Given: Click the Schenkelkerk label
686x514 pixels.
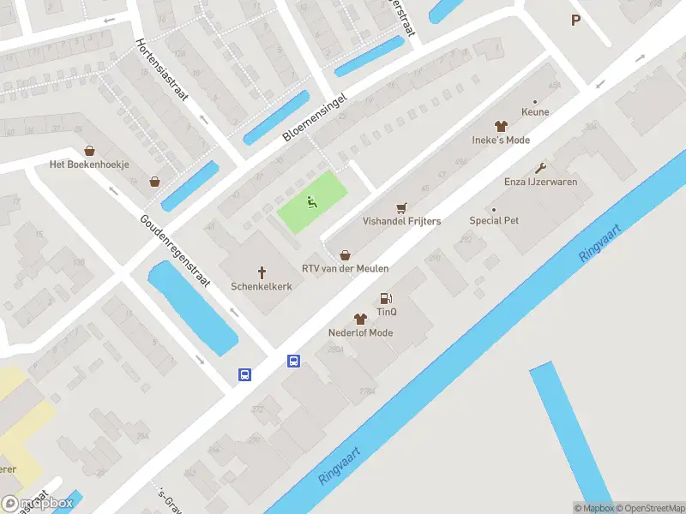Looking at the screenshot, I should (x=262, y=286).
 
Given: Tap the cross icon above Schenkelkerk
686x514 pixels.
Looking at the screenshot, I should (x=262, y=271).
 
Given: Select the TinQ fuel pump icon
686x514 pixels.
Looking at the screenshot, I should (x=386, y=298).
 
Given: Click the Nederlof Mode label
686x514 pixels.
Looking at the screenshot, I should (x=360, y=332).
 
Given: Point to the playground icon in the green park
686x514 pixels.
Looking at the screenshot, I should (x=312, y=202).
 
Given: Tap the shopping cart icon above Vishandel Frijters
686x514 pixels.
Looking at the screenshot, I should (x=401, y=207).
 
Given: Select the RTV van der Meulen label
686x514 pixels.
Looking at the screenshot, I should (x=346, y=268).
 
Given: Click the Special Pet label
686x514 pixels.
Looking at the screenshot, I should (x=494, y=220).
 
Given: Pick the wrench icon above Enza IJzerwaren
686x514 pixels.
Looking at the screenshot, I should (x=540, y=168).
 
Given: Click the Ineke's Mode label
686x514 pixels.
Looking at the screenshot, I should (x=501, y=140).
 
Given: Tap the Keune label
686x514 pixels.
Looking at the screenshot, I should (x=535, y=111).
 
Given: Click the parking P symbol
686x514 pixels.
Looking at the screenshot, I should (x=575, y=21).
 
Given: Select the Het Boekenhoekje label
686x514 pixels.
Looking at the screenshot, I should (x=89, y=164).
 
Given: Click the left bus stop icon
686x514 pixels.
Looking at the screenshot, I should (x=244, y=374).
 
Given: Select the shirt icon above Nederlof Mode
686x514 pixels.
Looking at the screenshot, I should (x=360, y=319).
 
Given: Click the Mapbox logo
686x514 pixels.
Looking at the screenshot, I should (x=38, y=503).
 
